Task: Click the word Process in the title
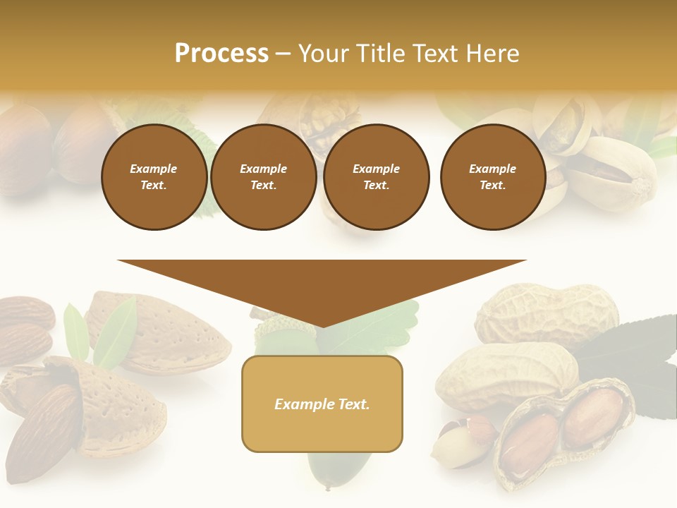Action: [x=221, y=54]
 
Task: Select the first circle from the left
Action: [x=154, y=177]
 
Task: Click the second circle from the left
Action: [x=263, y=177]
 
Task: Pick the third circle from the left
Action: [x=376, y=177]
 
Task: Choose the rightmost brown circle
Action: [x=492, y=177]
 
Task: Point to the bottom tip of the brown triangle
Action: [x=322, y=326]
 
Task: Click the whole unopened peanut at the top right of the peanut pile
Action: [x=547, y=314]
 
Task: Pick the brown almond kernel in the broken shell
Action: [x=46, y=430]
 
